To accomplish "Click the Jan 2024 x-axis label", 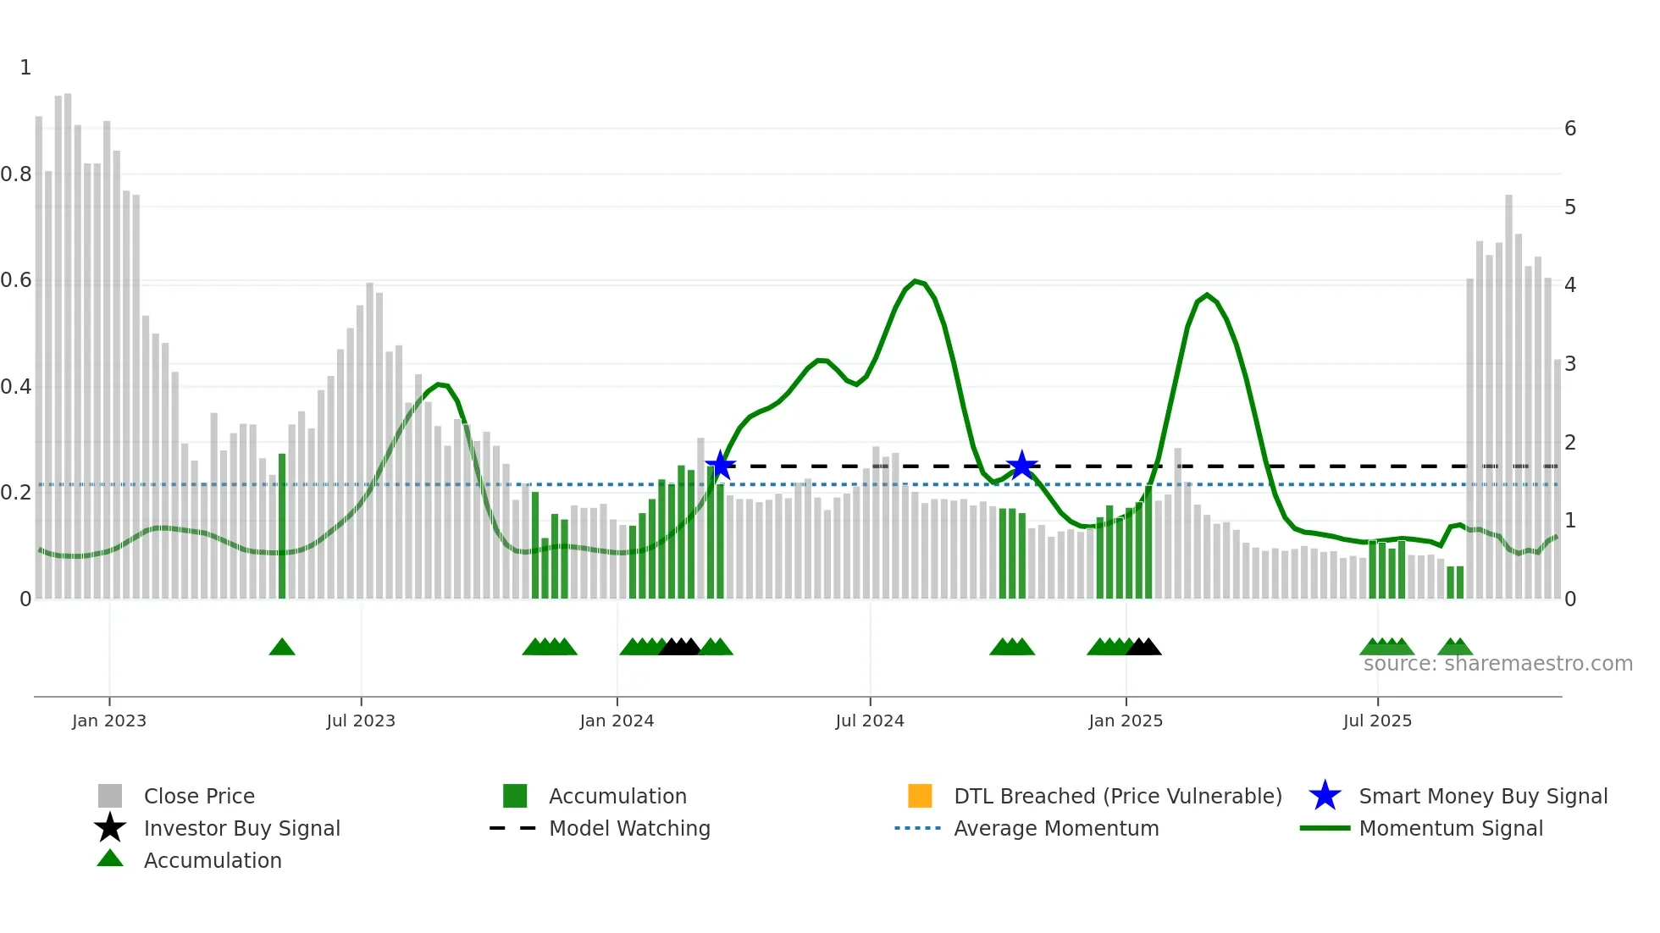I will click(617, 720).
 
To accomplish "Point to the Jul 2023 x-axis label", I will click(361, 720).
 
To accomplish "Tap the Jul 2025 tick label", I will click(1377, 720).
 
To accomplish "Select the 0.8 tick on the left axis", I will click(16, 174).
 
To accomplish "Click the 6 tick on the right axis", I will click(1570, 129).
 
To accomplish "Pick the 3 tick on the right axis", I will click(1570, 364).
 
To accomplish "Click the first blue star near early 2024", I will click(720, 465).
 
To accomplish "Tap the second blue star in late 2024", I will click(1022, 465).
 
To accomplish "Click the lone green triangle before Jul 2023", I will click(282, 648).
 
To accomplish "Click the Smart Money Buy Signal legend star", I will click(1325, 796).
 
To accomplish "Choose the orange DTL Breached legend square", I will click(920, 796).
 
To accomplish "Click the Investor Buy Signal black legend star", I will click(110, 828).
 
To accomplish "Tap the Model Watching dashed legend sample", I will click(512, 828).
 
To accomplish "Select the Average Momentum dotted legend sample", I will click(917, 828).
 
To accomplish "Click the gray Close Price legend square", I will click(110, 796).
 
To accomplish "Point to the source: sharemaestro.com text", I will click(1497, 664).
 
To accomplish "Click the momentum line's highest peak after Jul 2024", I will click(916, 281).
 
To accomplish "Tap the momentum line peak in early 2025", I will click(1207, 295).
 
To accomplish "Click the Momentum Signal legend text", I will click(1451, 828).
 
